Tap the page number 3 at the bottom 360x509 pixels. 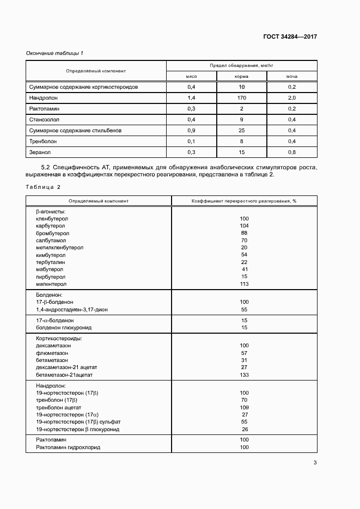pyautogui.click(x=315, y=463)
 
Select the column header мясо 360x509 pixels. pyautogui.click(x=192, y=77)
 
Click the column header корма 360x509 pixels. pyautogui.click(x=242, y=77)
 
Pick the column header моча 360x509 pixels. pyautogui.click(x=292, y=77)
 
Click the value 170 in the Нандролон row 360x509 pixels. pyautogui.click(x=242, y=98)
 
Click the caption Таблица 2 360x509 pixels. pyautogui.click(x=43, y=187)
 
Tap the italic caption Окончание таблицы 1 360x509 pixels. pyautogui.click(x=55, y=53)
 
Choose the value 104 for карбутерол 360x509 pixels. pyautogui.click(x=244, y=225)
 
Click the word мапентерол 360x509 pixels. pyautogui.click(x=51, y=284)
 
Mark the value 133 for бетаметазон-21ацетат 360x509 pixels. pyautogui.click(x=244, y=375)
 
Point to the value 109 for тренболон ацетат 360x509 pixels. pyautogui.click(x=244, y=407)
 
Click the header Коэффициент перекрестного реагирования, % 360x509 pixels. pyautogui.click(x=243, y=201)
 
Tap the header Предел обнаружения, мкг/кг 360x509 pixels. pyautogui.click(x=242, y=66)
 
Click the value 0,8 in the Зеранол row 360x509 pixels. pyautogui.click(x=292, y=152)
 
